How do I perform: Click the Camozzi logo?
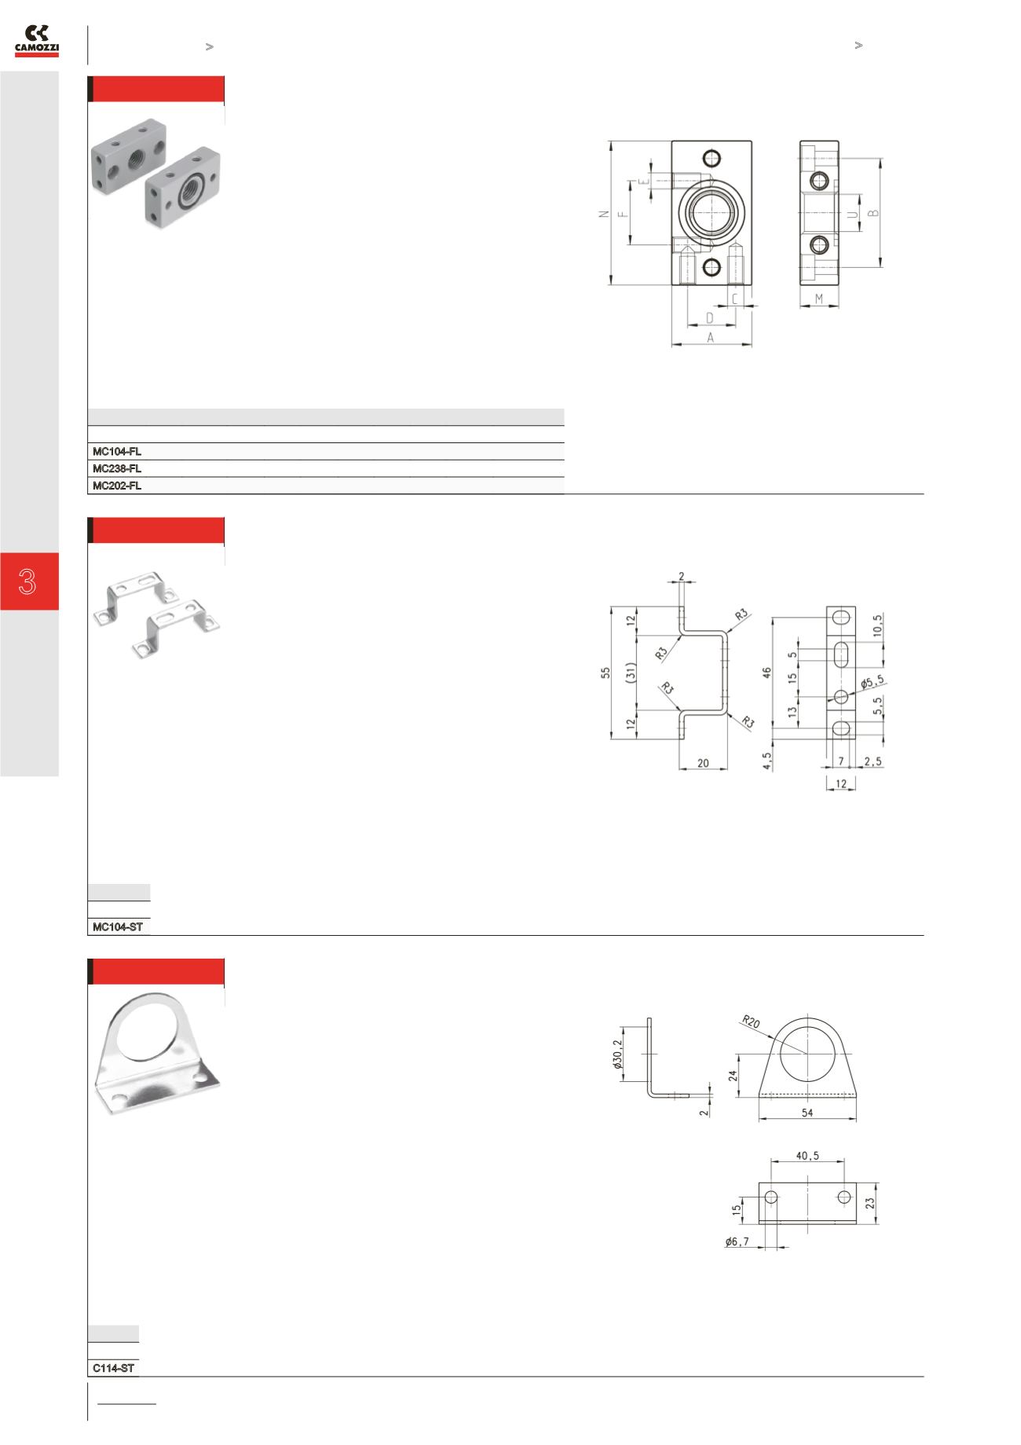point(37,41)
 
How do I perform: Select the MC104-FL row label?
point(117,452)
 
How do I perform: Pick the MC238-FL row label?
point(117,469)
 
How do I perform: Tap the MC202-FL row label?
point(117,486)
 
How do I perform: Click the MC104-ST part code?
point(118,927)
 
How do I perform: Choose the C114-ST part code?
point(114,1369)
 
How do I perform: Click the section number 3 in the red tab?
point(29,581)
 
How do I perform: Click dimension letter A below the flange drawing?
point(711,338)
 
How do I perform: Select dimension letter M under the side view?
point(819,299)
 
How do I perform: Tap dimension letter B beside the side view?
point(873,213)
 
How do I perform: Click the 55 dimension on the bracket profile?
point(606,673)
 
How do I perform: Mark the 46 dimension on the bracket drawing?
point(767,673)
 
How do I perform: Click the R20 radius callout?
point(751,1021)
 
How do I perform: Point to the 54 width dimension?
point(807,1113)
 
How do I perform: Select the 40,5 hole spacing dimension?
point(807,1156)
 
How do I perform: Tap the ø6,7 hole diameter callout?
point(737,1241)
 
